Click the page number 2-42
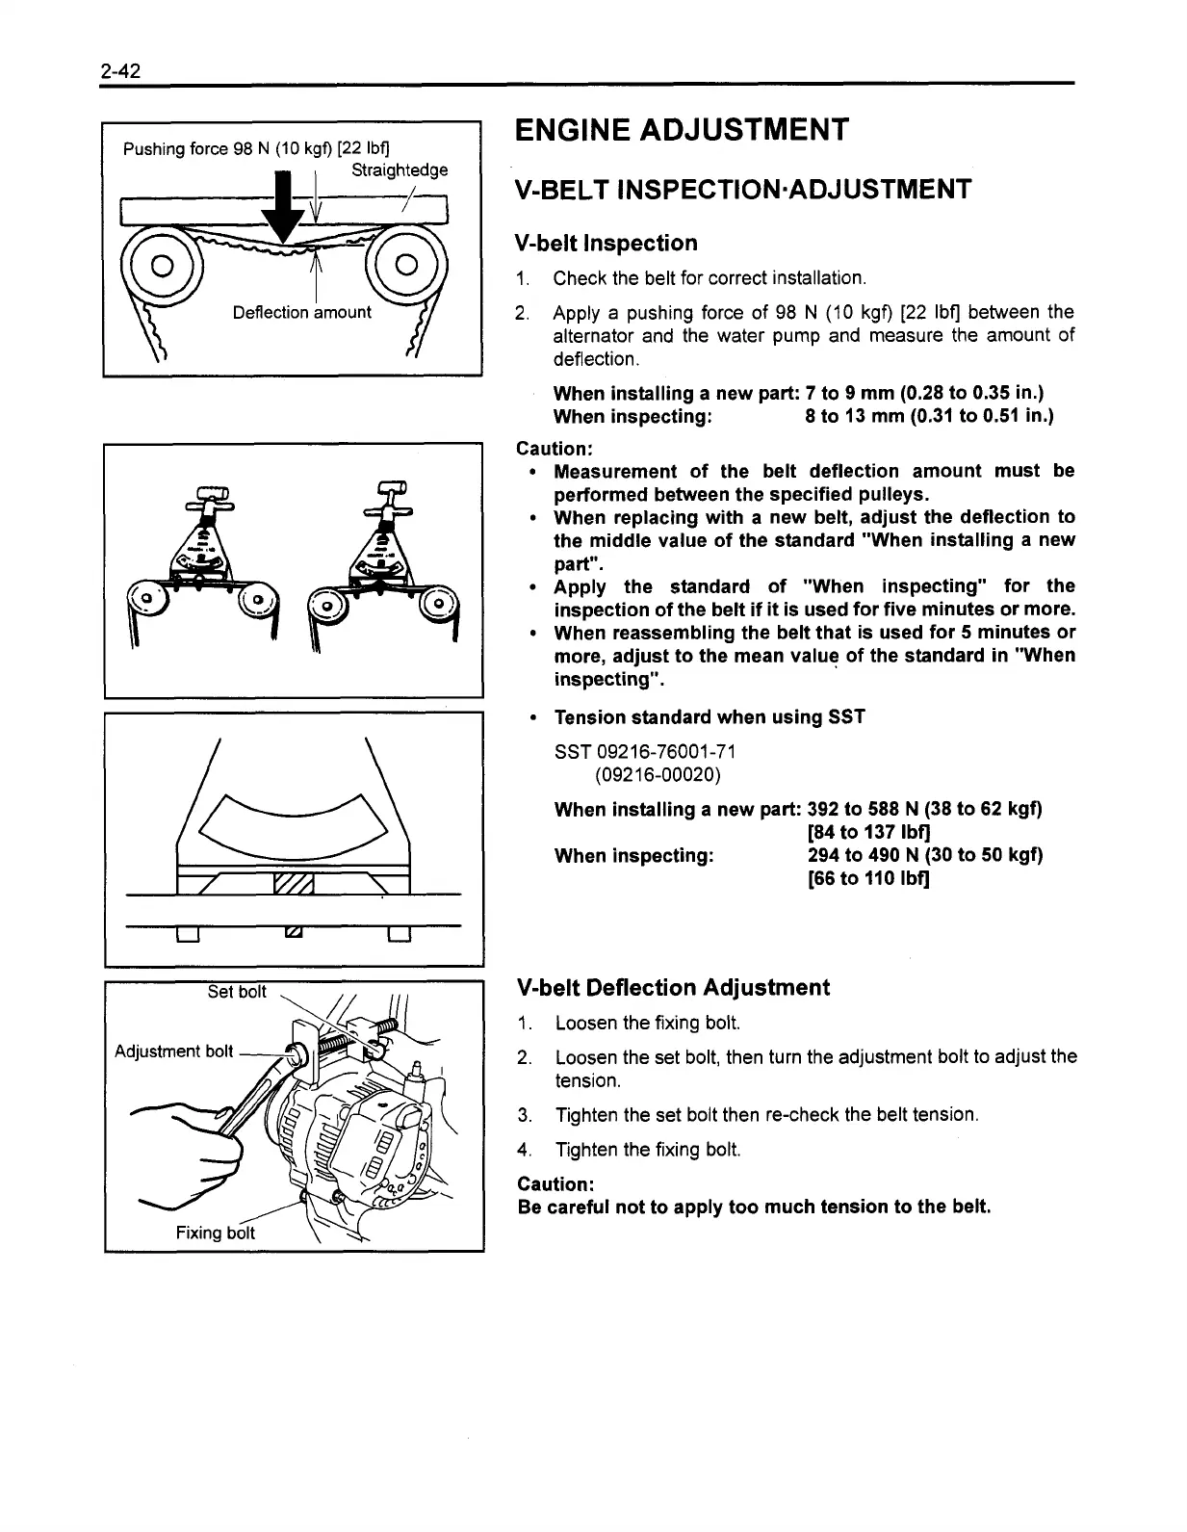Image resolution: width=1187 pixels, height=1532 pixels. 120,71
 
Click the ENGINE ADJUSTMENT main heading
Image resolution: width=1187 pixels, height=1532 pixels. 682,129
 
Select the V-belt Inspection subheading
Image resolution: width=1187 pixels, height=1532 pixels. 606,243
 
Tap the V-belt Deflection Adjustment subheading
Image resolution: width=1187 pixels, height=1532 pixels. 673,988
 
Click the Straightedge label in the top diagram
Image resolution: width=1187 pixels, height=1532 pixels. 399,170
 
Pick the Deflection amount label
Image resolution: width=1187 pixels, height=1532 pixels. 301,312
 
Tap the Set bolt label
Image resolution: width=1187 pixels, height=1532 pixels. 237,992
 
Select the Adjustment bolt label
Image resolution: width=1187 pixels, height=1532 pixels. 173,1052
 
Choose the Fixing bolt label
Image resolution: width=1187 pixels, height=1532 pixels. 215,1233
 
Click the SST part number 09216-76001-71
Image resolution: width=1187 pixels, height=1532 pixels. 647,751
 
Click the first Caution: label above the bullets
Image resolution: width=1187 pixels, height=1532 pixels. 555,448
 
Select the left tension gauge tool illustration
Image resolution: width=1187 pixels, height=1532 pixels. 205,558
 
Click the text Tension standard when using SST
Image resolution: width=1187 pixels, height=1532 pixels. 710,716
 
